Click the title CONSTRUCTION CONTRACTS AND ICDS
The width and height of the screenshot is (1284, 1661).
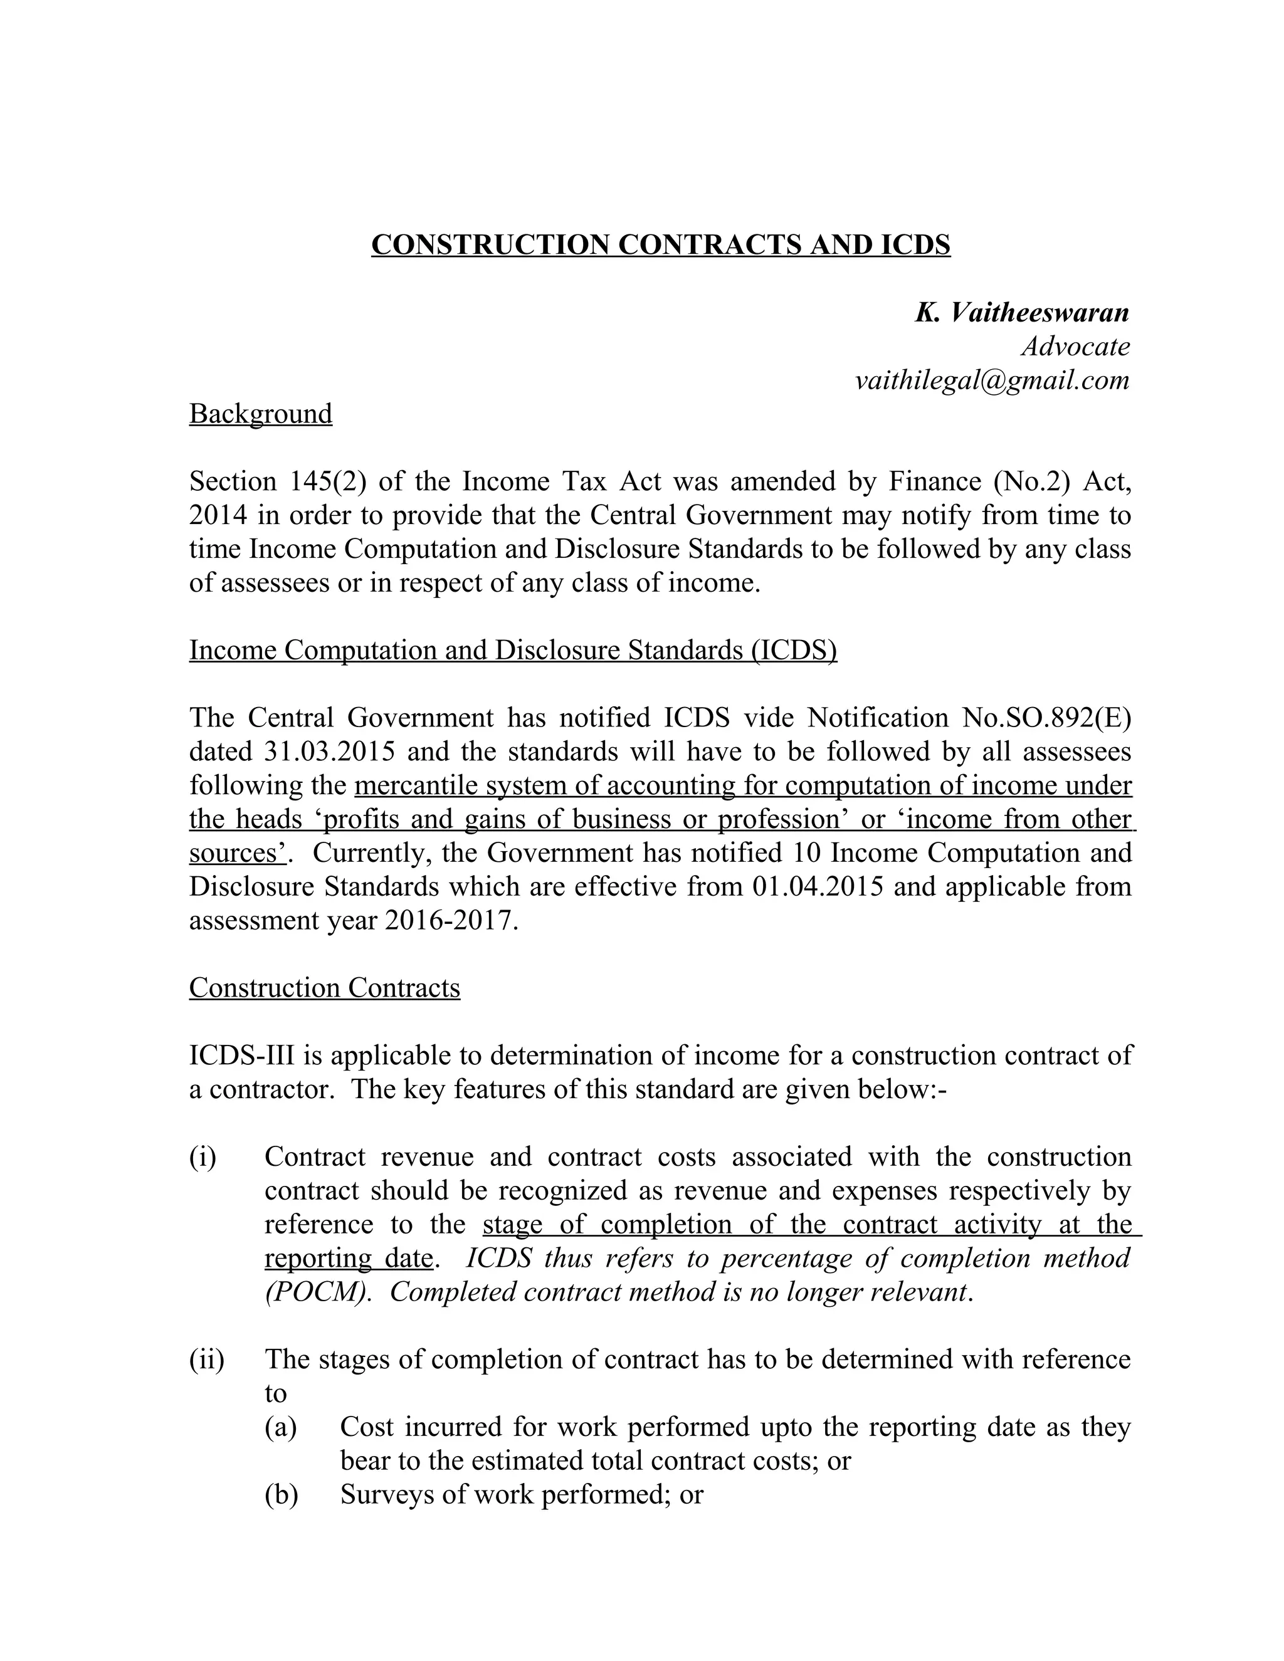[x=660, y=245]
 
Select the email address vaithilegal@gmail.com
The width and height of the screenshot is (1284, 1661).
[x=992, y=380]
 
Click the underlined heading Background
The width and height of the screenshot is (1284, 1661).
[x=260, y=414]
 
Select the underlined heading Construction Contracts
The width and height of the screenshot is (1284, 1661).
[x=324, y=988]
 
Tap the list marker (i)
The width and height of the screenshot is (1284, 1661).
[x=203, y=1157]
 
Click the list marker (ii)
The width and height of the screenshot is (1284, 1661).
[x=207, y=1359]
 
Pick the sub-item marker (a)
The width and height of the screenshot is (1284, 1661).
[x=281, y=1427]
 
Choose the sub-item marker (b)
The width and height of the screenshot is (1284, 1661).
[x=282, y=1494]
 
